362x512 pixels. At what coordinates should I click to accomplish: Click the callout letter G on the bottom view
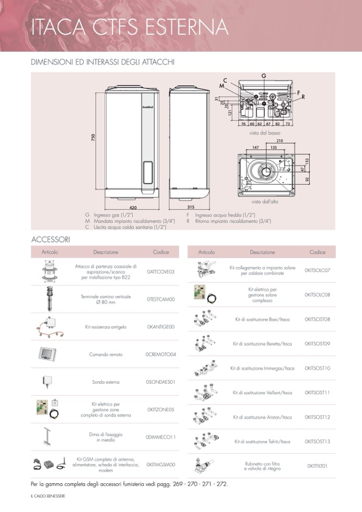click(x=263, y=76)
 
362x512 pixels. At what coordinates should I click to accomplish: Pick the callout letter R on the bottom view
click(x=303, y=97)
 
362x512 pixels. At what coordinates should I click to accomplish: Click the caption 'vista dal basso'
click(x=265, y=132)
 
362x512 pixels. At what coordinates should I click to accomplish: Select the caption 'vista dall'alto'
click(x=265, y=201)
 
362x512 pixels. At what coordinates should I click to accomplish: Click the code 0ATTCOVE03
click(x=161, y=272)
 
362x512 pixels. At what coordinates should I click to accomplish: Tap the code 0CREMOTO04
click(x=161, y=354)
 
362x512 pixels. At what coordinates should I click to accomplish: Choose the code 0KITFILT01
click(x=317, y=466)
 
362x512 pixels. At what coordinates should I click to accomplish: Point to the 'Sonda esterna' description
click(x=106, y=382)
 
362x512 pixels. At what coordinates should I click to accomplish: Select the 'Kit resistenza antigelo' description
click(x=106, y=326)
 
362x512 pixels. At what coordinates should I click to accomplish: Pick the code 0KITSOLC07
click(x=317, y=270)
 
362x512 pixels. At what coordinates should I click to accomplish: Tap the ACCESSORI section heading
click(x=51, y=239)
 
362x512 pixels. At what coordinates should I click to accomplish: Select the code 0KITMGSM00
click(x=161, y=464)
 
